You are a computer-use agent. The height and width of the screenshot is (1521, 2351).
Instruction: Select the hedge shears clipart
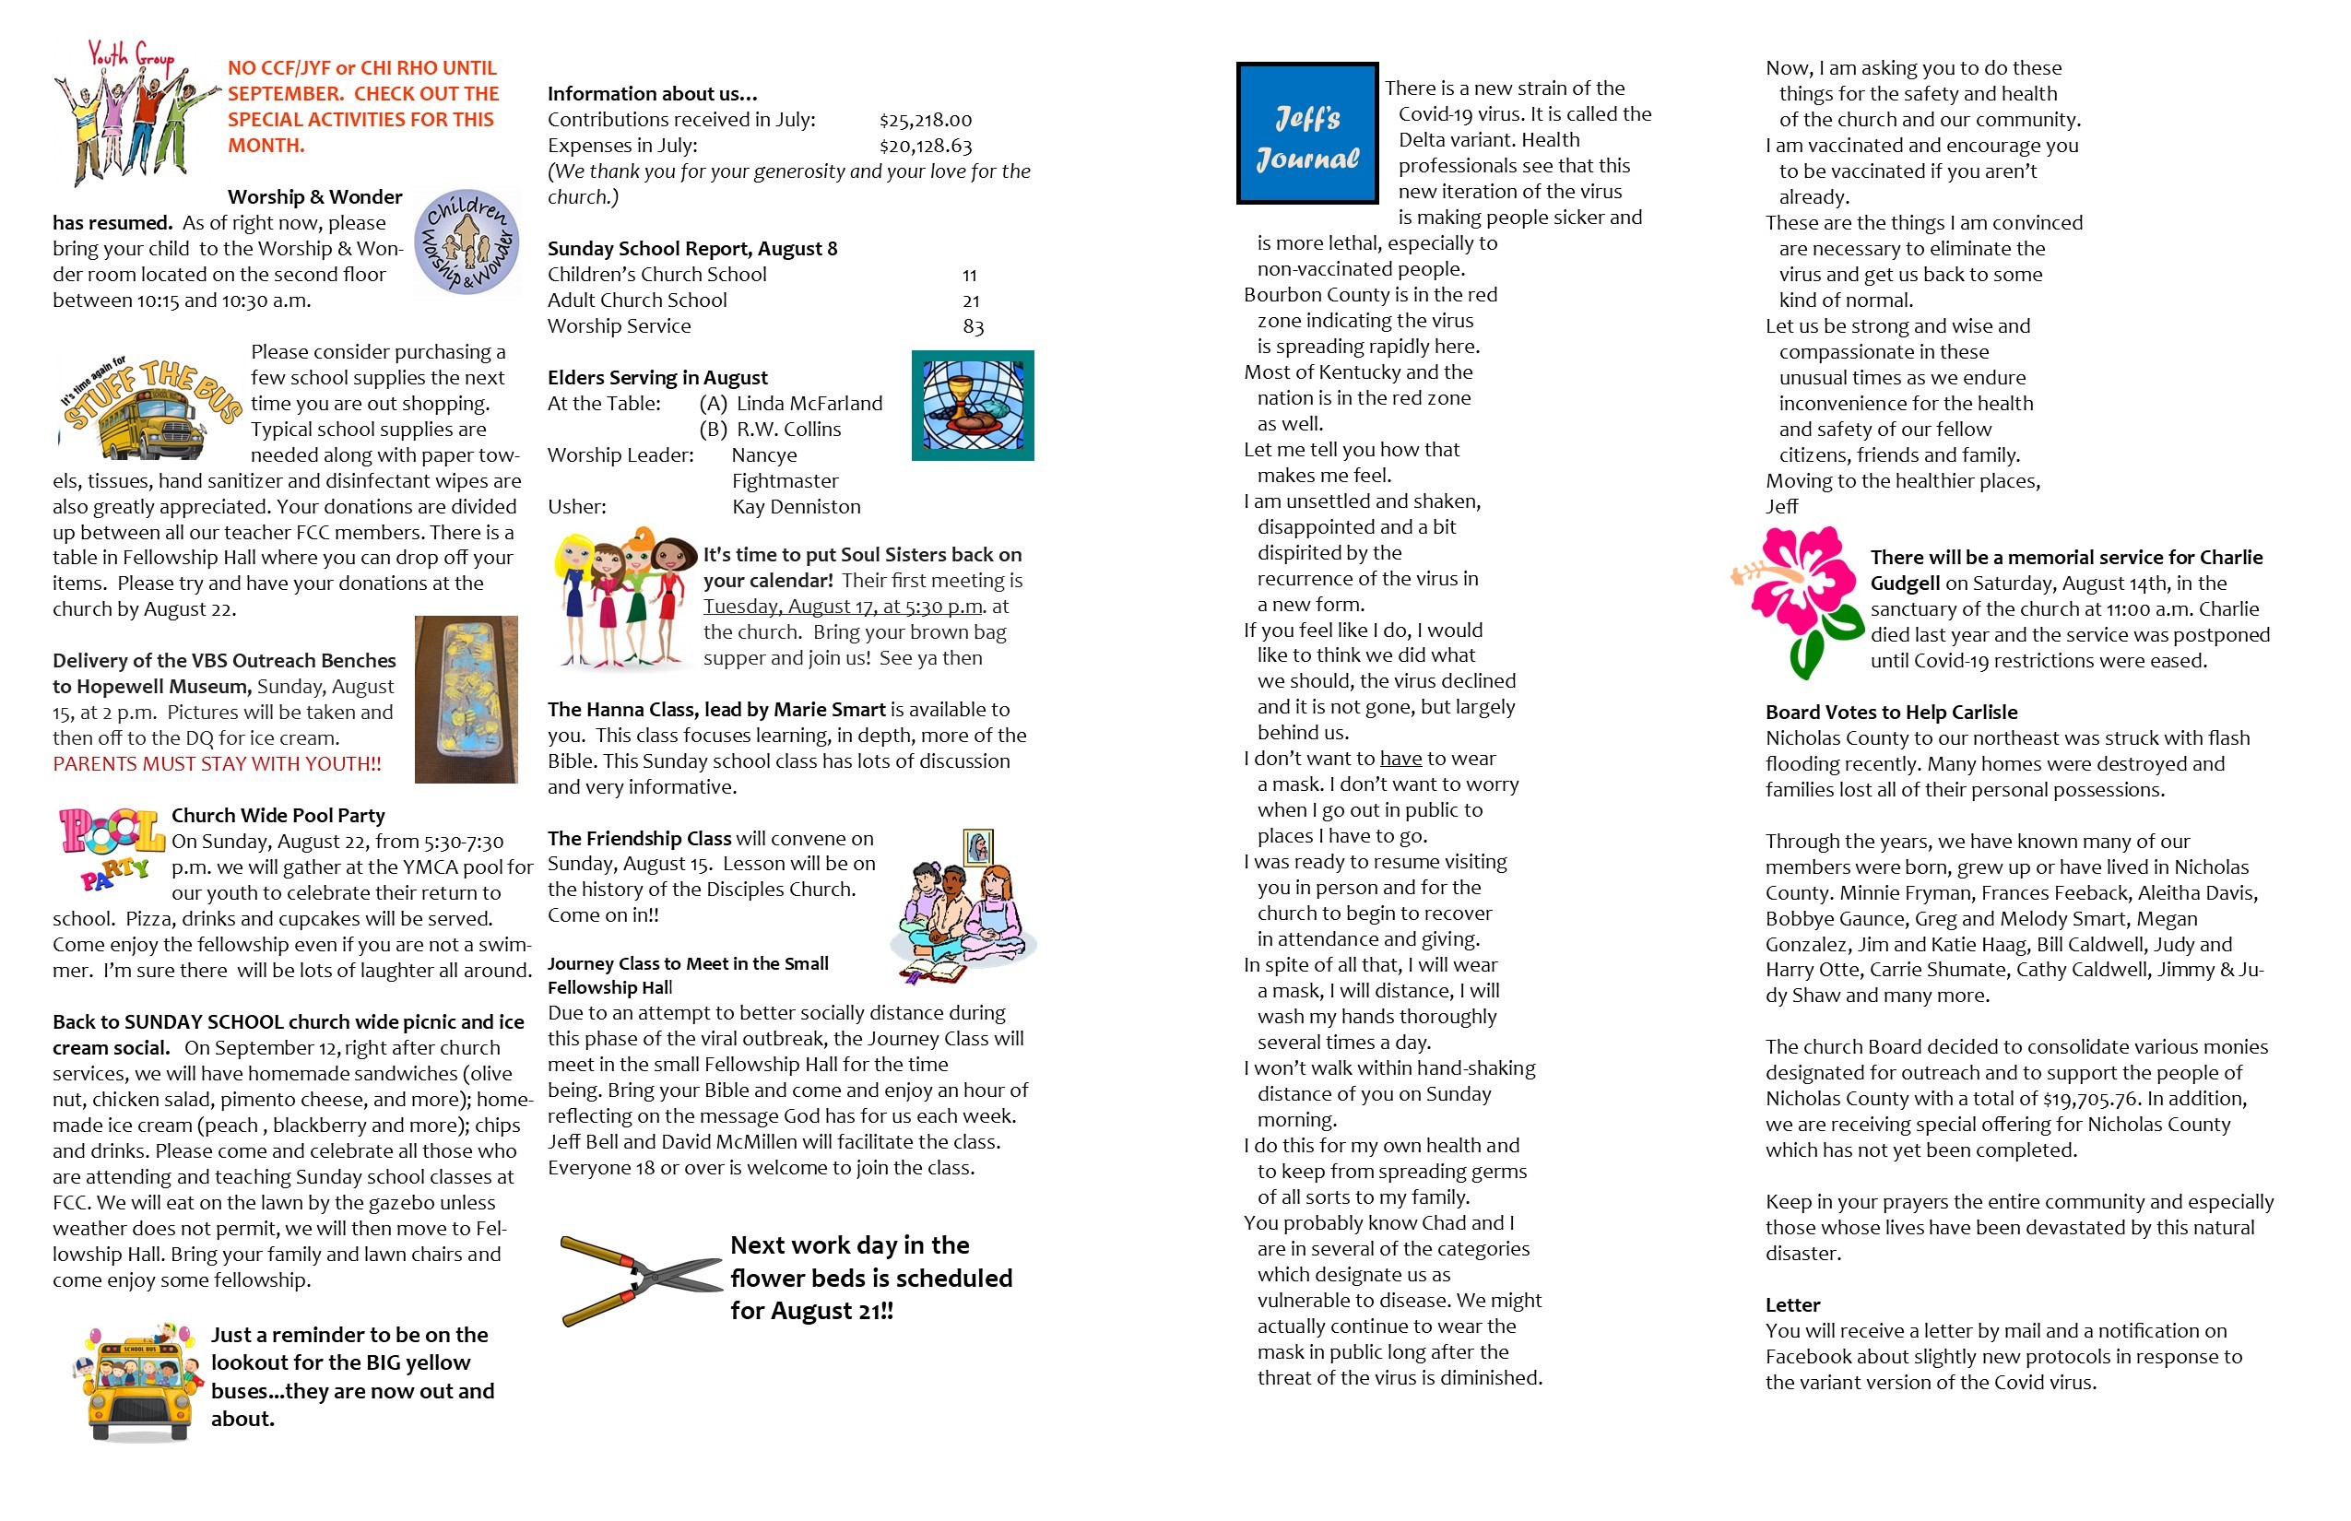pyautogui.click(x=639, y=1279)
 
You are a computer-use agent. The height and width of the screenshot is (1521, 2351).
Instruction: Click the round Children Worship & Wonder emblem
pyautogui.click(x=467, y=242)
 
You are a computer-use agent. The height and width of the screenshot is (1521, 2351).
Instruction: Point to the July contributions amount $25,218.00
pyautogui.click(x=925, y=121)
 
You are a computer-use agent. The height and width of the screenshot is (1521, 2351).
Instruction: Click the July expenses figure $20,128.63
pyautogui.click(x=925, y=147)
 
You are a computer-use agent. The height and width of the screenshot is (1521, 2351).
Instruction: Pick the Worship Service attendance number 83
pyautogui.click(x=972, y=327)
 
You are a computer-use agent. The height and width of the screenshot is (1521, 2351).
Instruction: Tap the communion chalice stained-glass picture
pyautogui.click(x=972, y=405)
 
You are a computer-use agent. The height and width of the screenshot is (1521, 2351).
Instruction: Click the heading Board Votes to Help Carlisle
pyautogui.click(x=1891, y=712)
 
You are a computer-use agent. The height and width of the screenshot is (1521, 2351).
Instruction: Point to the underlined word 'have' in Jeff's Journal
pyautogui.click(x=1400, y=759)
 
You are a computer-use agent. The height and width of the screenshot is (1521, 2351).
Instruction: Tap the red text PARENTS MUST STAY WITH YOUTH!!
pyautogui.click(x=217, y=764)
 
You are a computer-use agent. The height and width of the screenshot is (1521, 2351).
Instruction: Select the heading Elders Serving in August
pyautogui.click(x=656, y=377)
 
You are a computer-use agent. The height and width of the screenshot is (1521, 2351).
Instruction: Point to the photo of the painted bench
pyautogui.click(x=467, y=700)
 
